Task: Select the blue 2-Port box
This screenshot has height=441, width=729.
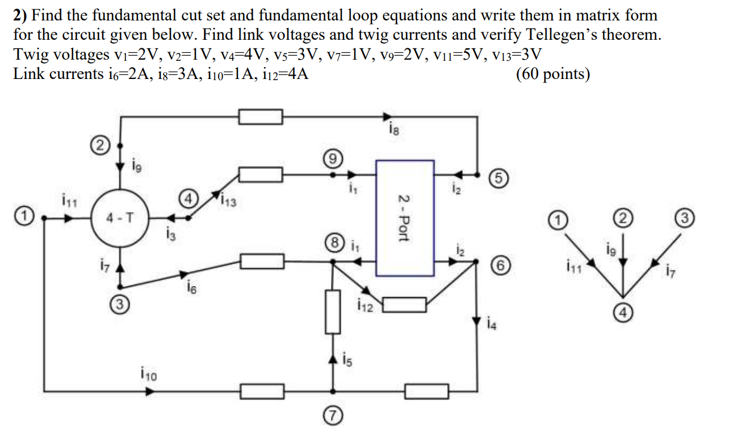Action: click(405, 218)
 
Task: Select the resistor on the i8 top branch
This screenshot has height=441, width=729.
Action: click(260, 117)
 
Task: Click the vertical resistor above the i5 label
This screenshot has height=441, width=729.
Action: click(333, 311)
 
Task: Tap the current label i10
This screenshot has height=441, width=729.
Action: click(148, 374)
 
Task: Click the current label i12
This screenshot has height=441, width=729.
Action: click(366, 307)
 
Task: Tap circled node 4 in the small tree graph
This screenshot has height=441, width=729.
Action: click(623, 312)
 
